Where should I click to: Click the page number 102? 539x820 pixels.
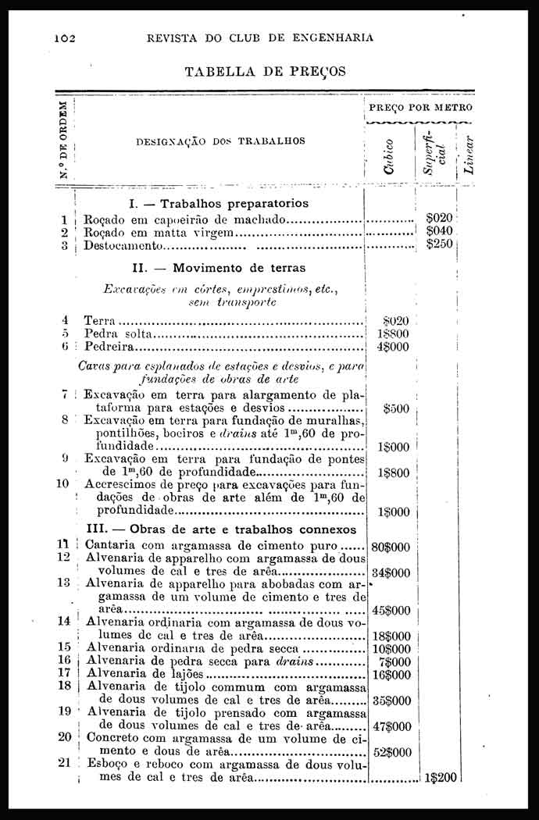coord(64,37)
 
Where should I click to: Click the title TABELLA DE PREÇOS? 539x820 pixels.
coord(265,72)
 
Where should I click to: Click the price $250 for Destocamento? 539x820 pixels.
coord(440,244)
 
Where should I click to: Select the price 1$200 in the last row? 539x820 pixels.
coord(439,778)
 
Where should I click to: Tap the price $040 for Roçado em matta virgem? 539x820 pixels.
coord(440,232)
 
